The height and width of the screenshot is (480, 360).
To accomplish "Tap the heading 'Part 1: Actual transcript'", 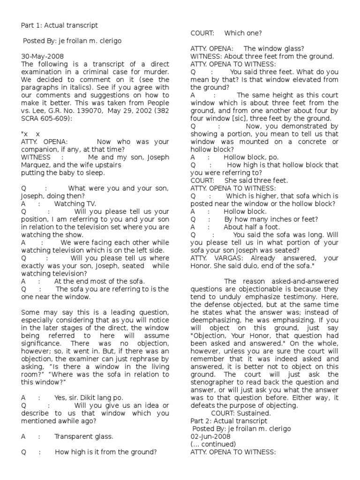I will click(60, 25).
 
